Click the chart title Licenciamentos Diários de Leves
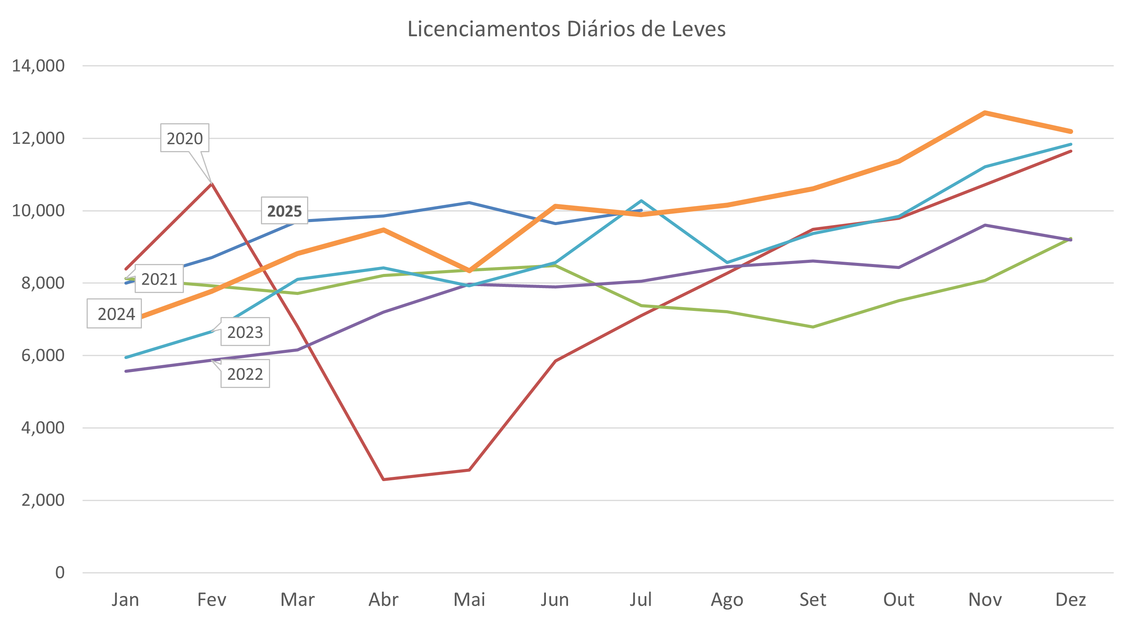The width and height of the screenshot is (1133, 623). (x=566, y=29)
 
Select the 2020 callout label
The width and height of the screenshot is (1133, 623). (x=184, y=138)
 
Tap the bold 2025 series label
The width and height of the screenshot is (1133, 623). (x=284, y=211)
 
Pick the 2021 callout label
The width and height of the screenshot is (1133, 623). (x=159, y=279)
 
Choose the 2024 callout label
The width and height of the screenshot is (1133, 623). (x=116, y=314)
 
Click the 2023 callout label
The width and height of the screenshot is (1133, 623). (x=245, y=332)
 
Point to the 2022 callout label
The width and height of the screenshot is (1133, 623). (x=245, y=374)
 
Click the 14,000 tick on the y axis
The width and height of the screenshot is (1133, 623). (x=38, y=66)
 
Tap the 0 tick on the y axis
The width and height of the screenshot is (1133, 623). (x=60, y=572)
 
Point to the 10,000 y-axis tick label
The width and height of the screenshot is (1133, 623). (x=38, y=211)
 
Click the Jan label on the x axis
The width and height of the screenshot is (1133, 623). (x=126, y=600)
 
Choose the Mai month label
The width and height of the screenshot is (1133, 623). (x=469, y=600)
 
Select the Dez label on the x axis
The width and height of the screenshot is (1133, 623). (x=1070, y=600)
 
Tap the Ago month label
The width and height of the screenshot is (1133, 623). (x=727, y=600)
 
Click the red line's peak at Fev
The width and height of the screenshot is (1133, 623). (x=212, y=183)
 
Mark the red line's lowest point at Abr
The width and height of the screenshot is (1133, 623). (x=383, y=479)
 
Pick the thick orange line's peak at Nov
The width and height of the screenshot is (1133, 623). (x=985, y=113)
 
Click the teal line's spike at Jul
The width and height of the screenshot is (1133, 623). (x=641, y=201)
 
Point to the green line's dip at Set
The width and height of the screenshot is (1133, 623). (x=813, y=327)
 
